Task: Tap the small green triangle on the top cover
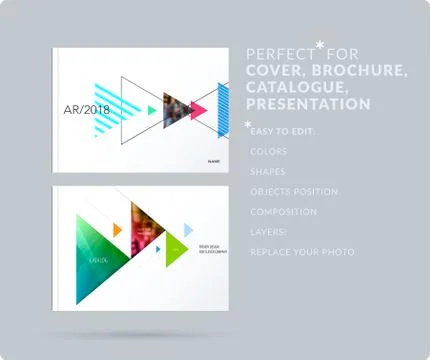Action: pos(152,111)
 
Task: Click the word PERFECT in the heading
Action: pos(280,53)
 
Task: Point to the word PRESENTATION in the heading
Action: pos(308,104)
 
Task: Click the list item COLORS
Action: pos(269,152)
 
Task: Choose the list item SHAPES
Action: pos(268,172)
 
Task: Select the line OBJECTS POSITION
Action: pos(295,192)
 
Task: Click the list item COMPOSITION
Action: pos(285,212)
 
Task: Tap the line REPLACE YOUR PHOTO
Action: pos(302,252)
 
